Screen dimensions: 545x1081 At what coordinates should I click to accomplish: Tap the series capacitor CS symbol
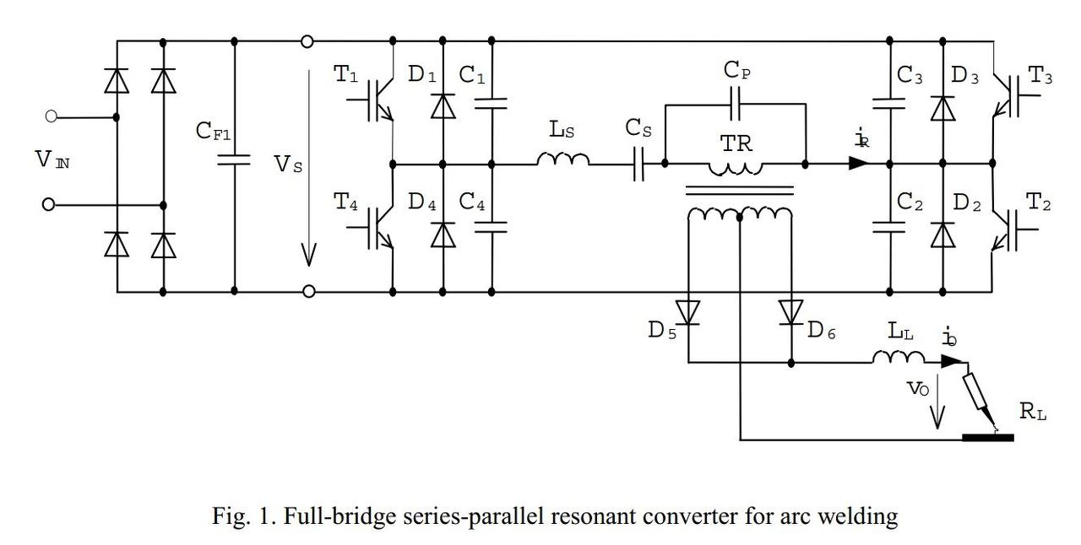639,165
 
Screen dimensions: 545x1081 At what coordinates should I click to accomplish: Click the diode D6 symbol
790,312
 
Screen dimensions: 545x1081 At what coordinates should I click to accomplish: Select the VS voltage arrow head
309,254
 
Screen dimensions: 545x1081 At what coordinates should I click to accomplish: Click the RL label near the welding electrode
1031,412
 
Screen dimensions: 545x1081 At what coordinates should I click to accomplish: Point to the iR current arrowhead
858,164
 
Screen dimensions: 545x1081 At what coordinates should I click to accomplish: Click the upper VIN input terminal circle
52,117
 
